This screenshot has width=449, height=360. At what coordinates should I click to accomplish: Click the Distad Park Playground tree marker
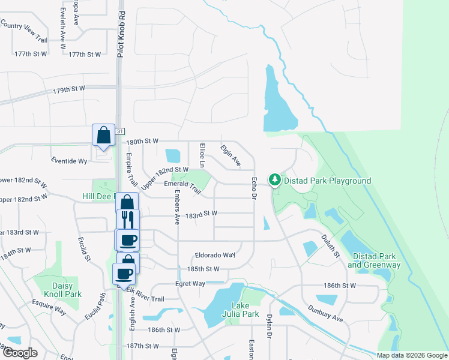pos(274,180)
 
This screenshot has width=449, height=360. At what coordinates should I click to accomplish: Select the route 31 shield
pos(120,131)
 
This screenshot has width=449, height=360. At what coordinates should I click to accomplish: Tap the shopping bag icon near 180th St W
pos(103,135)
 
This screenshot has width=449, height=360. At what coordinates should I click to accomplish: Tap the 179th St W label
pos(69,89)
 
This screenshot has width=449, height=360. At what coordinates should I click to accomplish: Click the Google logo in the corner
pos(19,353)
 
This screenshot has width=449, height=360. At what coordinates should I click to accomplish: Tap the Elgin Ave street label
pos(231,155)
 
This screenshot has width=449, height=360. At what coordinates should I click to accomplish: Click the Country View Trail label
pos(24,32)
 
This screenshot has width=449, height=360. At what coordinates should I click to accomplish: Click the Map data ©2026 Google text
pos(412,355)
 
